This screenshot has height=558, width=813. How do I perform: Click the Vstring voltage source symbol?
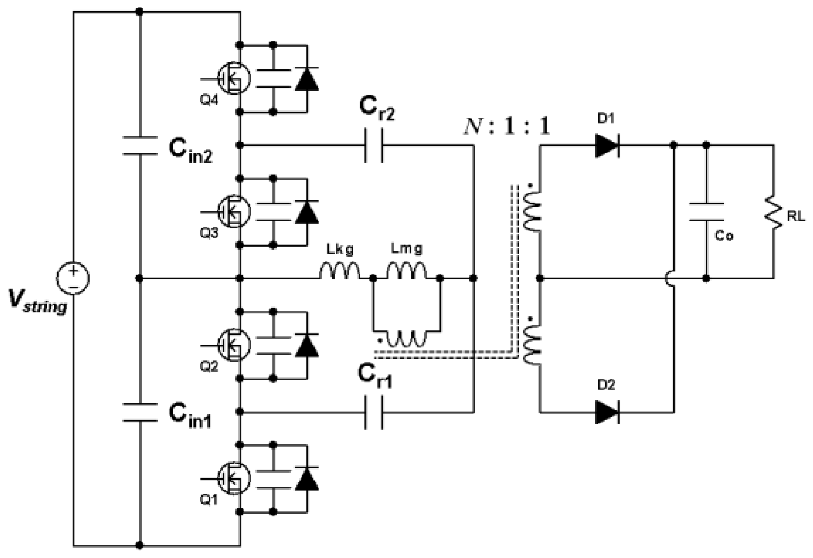tap(73, 278)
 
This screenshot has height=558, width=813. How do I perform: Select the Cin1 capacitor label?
tap(190, 416)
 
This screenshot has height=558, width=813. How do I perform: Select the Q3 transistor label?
tap(209, 233)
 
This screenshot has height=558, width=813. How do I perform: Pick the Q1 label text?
tap(209, 500)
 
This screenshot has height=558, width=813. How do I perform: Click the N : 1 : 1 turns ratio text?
tap(506, 127)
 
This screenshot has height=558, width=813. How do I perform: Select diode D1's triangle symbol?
tap(606, 145)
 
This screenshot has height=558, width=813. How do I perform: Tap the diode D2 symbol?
tap(606, 412)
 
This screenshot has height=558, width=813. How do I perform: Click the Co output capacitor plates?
tap(706, 212)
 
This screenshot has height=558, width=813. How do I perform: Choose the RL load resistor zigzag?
tap(773, 212)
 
